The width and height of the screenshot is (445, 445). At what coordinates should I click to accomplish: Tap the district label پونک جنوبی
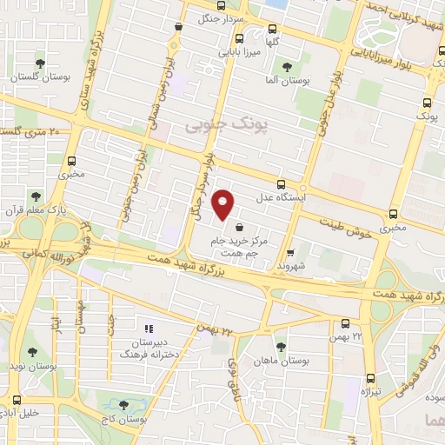tap(217, 126)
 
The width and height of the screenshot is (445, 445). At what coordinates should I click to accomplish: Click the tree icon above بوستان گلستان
tap(40, 63)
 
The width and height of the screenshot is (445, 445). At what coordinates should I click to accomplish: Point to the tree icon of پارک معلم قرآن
tap(36, 196)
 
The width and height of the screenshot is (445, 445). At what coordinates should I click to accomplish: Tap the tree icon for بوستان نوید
tap(32, 352)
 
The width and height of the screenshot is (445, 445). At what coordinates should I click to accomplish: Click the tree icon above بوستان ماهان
tap(280, 346)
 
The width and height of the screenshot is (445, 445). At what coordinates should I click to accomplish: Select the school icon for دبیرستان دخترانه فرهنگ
tap(149, 329)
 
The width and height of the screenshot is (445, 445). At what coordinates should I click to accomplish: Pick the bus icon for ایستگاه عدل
tap(281, 183)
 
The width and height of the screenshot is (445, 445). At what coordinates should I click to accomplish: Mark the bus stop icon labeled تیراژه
tap(372, 378)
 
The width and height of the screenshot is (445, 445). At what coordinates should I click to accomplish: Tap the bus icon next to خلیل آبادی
tap(15, 401)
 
